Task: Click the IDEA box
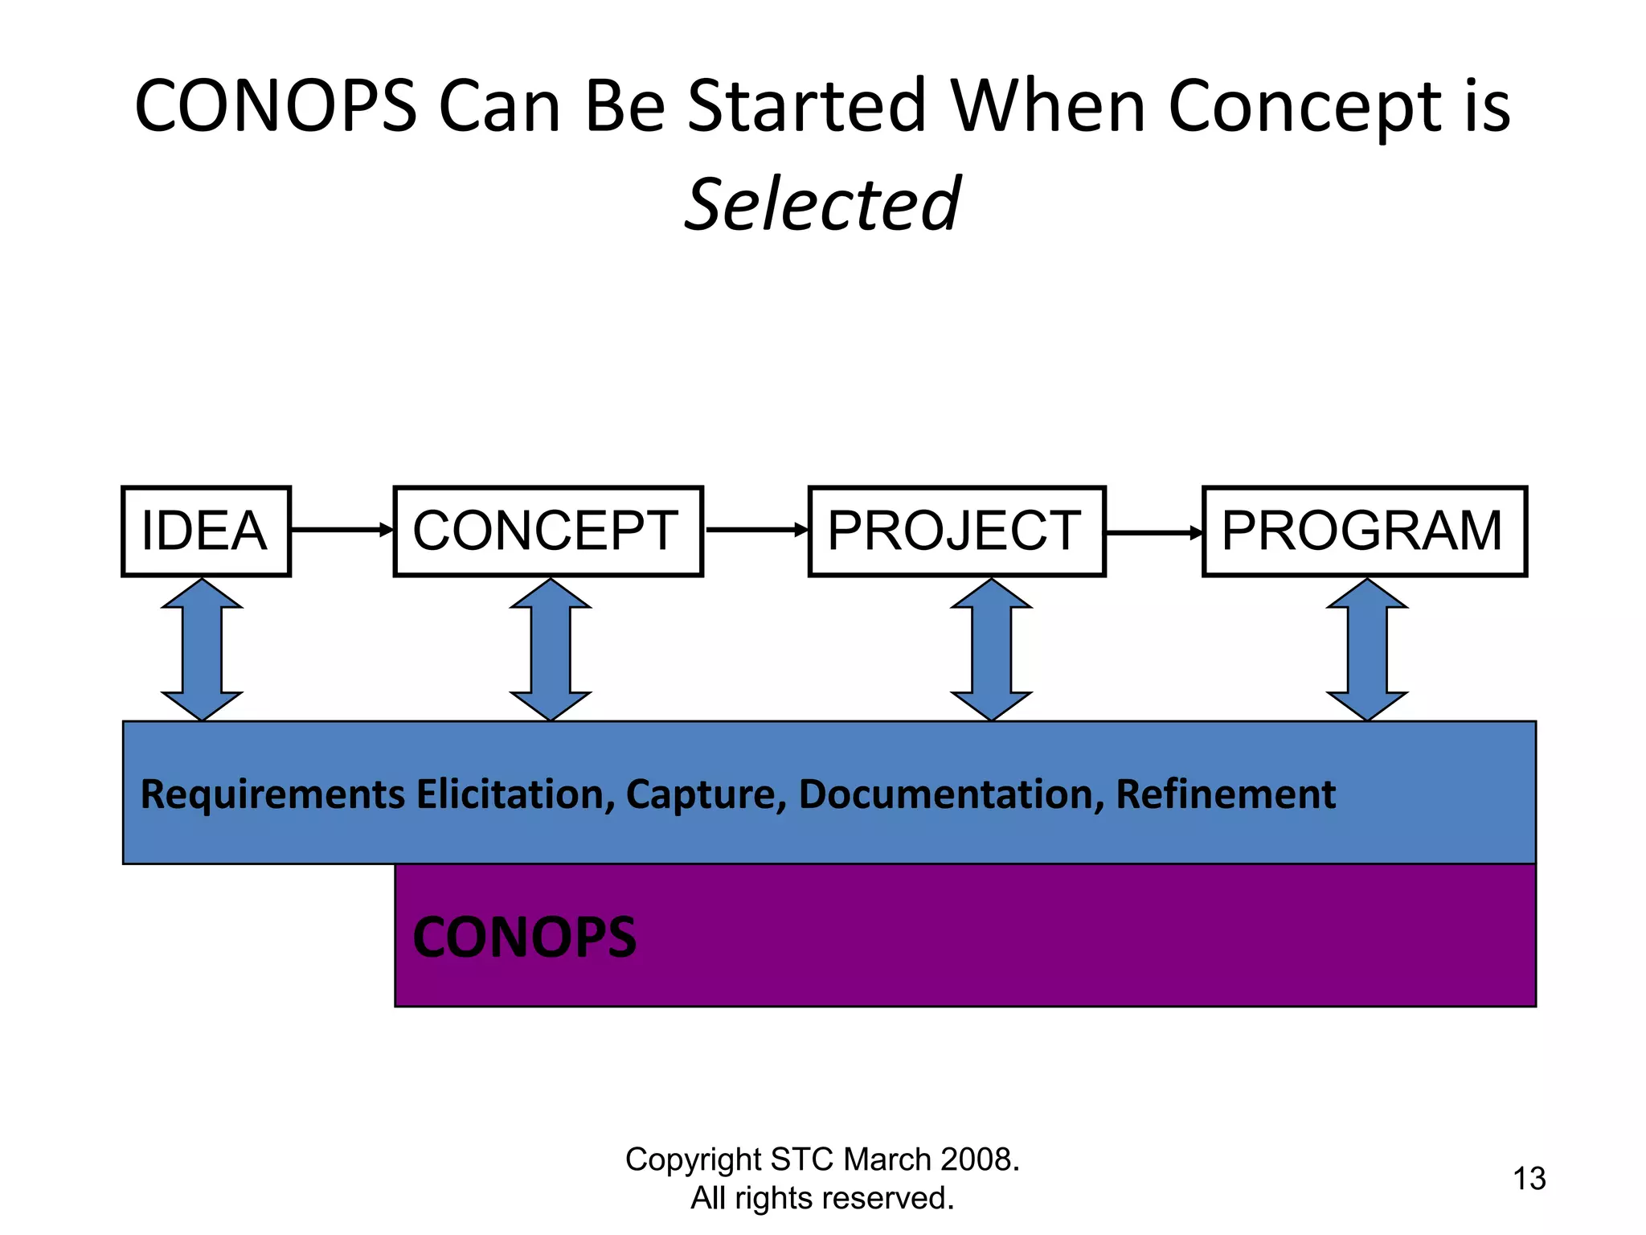coord(206,531)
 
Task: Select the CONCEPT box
coord(548,531)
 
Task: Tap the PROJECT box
coord(956,531)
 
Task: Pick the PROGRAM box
coord(1364,531)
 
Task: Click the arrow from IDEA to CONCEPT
coord(342,529)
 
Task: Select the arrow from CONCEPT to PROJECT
coord(755,529)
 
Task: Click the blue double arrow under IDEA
coord(202,650)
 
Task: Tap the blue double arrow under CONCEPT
coord(551,650)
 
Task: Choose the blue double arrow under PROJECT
coord(991,650)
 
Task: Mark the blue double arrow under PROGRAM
coord(1366,650)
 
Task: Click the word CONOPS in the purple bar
coord(524,938)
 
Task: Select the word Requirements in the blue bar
coord(272,794)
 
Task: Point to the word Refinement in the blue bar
coord(1225,794)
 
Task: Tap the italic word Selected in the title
coord(821,204)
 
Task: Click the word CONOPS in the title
coord(276,106)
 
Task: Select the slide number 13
coord(1529,1179)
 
